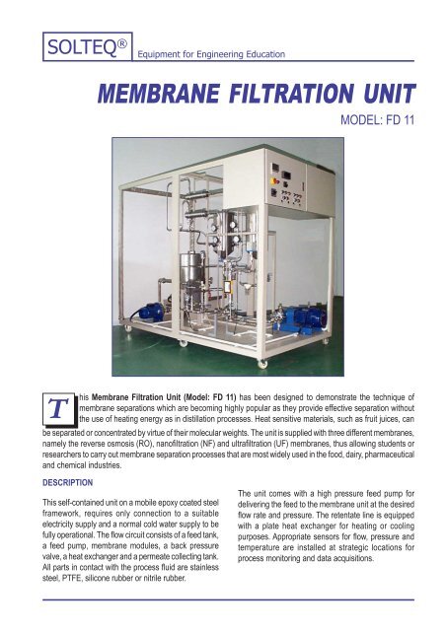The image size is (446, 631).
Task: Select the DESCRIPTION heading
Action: coord(55,483)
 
